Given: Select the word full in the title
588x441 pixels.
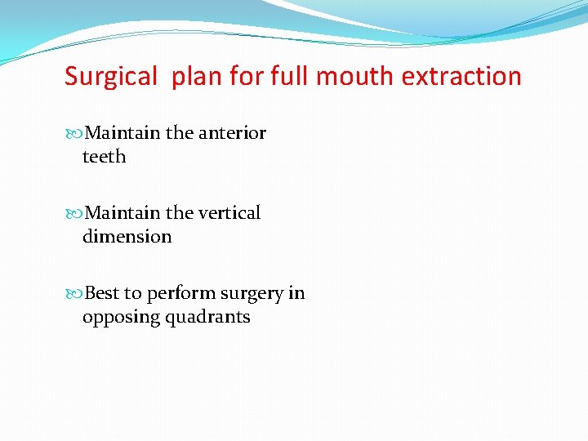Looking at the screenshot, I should (289, 76).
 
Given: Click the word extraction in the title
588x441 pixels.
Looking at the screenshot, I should (462, 76).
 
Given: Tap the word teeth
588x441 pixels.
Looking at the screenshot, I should (104, 156).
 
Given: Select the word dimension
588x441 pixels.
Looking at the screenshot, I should (127, 236).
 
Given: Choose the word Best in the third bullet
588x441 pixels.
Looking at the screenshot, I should (102, 292).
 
